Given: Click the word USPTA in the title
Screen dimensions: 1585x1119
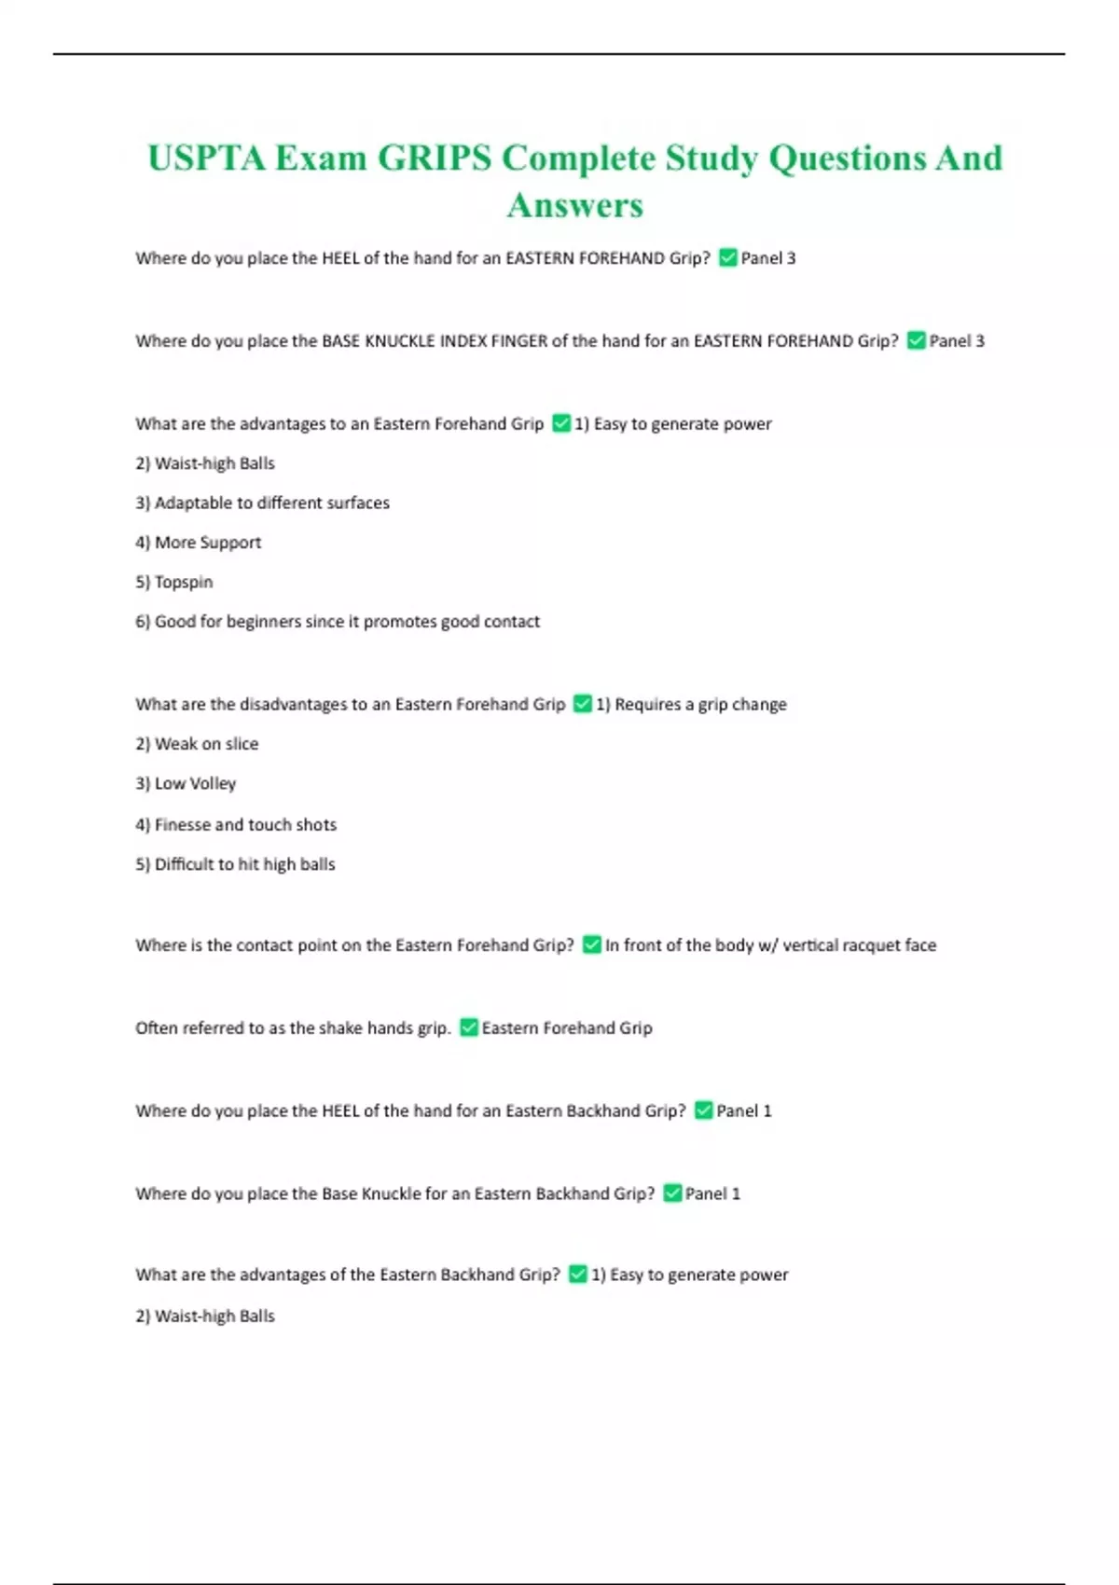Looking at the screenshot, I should [x=206, y=158].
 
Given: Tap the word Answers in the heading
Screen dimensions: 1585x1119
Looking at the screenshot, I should [x=575, y=205].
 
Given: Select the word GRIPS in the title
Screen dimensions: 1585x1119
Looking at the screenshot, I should [x=434, y=158].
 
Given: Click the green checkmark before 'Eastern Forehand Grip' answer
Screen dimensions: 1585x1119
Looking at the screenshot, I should [x=469, y=1027].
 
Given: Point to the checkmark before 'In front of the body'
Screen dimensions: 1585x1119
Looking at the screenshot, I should [x=591, y=944].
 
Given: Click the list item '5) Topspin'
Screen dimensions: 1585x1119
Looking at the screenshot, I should [x=174, y=582].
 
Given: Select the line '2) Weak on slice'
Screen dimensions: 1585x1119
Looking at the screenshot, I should [x=197, y=744].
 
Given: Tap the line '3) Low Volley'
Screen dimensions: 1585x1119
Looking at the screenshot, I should [x=186, y=783].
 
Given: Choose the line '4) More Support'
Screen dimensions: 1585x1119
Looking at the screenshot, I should [x=199, y=543].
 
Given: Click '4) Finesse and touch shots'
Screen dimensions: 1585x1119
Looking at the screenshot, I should [x=236, y=824].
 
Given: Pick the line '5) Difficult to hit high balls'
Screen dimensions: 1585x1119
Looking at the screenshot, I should [x=235, y=864].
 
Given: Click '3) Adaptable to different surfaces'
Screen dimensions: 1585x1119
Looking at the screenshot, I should [x=262, y=503].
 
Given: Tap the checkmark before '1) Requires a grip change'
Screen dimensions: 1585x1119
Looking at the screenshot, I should [x=582, y=704].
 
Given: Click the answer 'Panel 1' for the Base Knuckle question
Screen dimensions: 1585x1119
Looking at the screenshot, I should [x=712, y=1193].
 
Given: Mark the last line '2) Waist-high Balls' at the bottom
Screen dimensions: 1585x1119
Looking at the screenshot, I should [x=205, y=1316].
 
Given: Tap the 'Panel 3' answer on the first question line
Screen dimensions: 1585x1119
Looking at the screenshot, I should [x=767, y=258].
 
